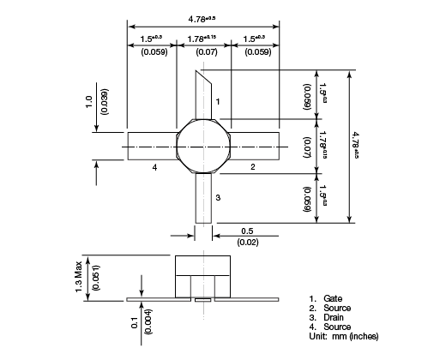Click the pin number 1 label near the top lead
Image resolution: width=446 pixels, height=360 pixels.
(218, 103)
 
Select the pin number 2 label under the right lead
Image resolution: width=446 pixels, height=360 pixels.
(251, 167)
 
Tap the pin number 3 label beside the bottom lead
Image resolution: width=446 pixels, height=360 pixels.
(218, 198)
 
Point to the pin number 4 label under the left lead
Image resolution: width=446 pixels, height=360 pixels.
(154, 167)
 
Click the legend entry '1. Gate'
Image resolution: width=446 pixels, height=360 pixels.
(324, 298)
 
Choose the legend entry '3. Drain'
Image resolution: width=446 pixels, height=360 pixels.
(325, 317)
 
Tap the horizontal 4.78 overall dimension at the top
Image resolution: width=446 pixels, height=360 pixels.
(202, 17)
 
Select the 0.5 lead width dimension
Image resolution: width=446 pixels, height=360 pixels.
(246, 231)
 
